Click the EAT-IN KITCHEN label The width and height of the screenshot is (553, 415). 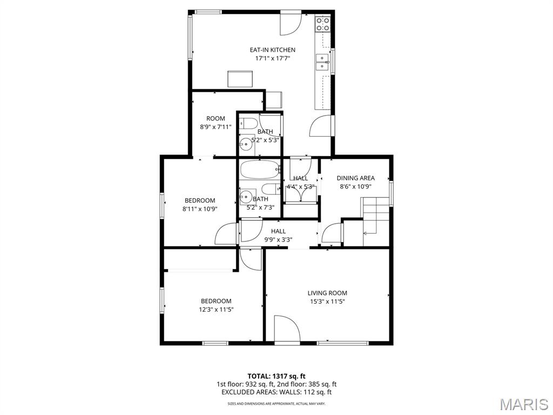pos(273,50)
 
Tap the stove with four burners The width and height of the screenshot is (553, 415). pos(323,24)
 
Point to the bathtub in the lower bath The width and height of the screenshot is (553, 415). pos(259,170)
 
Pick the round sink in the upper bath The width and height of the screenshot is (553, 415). pos(245,144)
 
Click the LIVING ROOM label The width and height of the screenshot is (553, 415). pos(327,293)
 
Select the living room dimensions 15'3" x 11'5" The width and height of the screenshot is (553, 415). pos(327,302)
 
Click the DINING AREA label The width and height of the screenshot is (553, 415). pos(355,178)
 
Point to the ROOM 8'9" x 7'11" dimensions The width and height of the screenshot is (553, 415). pos(215,126)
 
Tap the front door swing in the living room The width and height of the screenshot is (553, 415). pos(287,328)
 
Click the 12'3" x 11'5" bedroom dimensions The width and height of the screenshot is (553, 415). pos(216,310)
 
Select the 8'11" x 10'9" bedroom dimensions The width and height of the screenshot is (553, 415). pos(200,209)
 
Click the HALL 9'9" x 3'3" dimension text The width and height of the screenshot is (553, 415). pos(278,239)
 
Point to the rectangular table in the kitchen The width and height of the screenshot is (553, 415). pos(240,79)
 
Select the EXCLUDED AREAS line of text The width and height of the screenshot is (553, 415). pos(276,392)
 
